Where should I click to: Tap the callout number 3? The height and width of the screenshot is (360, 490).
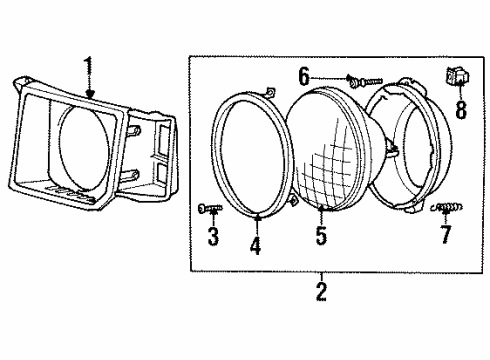212,237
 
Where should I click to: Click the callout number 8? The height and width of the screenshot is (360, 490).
460,107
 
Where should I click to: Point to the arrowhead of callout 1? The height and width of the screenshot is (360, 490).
90,96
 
